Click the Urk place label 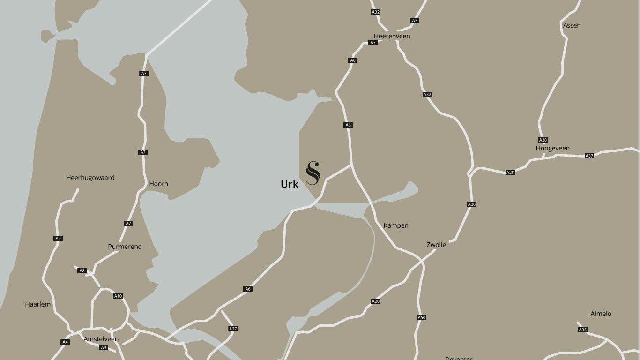click(x=289, y=184)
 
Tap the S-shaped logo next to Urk click(x=313, y=173)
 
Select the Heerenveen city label click(x=392, y=36)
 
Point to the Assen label click(x=572, y=25)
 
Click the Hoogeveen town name click(x=552, y=148)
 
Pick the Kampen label click(x=396, y=225)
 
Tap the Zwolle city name click(x=436, y=245)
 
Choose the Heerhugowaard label click(x=90, y=178)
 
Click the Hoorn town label click(x=158, y=184)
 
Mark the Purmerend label click(x=125, y=247)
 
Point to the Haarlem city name click(x=37, y=304)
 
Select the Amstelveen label click(x=101, y=339)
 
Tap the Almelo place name click(x=601, y=314)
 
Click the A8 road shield click(x=82, y=271)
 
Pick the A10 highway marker click(x=118, y=296)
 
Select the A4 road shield click(x=65, y=342)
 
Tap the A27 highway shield click(x=233, y=329)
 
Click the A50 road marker click(x=421, y=317)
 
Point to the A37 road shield click(x=589, y=156)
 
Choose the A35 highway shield click(x=582, y=330)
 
